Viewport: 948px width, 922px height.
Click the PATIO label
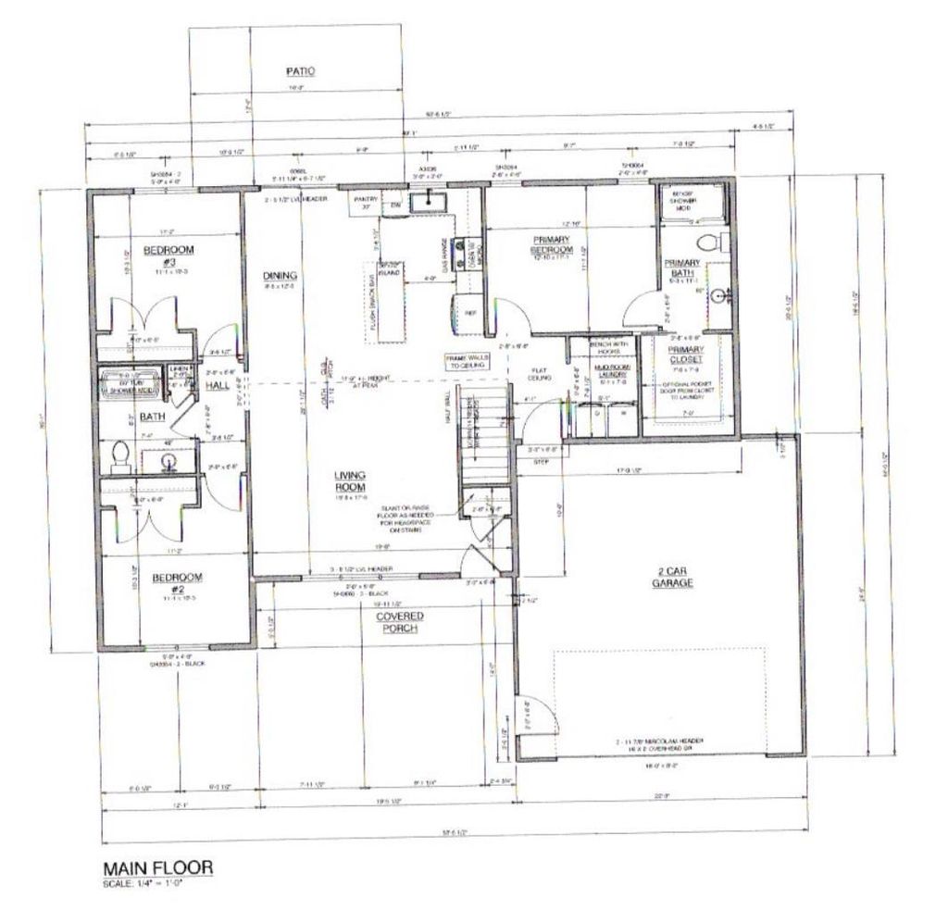click(x=299, y=70)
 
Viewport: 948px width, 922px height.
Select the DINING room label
click(x=280, y=275)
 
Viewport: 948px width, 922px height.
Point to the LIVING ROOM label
click(x=350, y=480)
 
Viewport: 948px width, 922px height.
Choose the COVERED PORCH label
click(x=399, y=622)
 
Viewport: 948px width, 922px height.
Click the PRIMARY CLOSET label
click(x=687, y=355)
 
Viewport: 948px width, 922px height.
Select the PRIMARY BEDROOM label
click(x=552, y=244)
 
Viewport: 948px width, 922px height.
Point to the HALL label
click(x=217, y=385)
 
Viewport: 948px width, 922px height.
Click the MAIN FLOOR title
click(x=157, y=867)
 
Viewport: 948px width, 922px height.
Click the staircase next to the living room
click(x=486, y=435)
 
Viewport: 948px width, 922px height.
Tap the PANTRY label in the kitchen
click(x=362, y=201)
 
